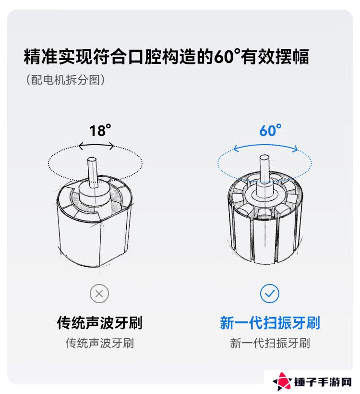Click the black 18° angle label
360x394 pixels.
pos(100,131)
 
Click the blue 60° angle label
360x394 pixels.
pos(270,131)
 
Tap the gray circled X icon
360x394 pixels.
pos(99,294)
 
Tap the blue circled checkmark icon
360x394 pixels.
pos(270,294)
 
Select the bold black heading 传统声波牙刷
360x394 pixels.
pos(100,322)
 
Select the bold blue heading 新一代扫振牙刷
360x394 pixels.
pos(270,322)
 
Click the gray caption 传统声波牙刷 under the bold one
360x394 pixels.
pos(100,343)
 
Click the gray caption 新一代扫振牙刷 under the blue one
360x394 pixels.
pos(270,343)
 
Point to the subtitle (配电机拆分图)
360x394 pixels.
pos(66,80)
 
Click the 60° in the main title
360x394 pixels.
pos(227,56)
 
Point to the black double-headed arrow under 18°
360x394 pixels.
pos(96,146)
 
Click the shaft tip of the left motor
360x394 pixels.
pos(92,160)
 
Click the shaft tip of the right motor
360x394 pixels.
pos(264,158)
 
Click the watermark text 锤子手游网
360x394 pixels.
pos(323,382)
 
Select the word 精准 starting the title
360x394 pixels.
pos(41,56)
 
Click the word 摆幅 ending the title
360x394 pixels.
pos(292,56)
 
